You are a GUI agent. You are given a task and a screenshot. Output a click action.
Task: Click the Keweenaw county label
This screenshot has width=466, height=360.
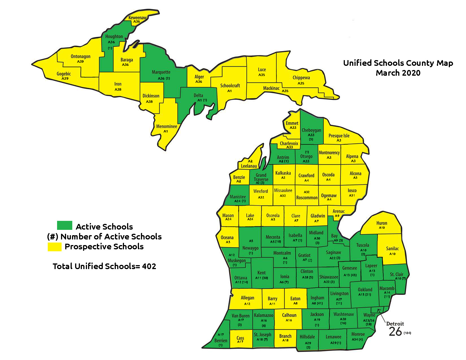tap(138, 18)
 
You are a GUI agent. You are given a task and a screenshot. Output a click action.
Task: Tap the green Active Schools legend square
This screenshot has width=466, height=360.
tap(64, 225)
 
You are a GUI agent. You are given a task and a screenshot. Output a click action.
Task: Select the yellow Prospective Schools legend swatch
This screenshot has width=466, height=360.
tap(54, 246)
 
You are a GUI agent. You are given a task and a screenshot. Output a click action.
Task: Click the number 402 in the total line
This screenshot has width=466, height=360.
tap(149, 266)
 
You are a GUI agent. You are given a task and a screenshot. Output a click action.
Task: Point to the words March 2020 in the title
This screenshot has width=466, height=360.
tap(398, 73)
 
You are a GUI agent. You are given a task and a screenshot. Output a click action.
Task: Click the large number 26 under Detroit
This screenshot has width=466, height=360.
tap(395, 332)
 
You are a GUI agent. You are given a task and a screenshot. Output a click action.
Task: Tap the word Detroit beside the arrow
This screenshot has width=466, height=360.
tap(395, 324)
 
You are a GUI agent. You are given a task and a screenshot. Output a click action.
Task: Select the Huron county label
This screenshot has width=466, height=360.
tap(382, 223)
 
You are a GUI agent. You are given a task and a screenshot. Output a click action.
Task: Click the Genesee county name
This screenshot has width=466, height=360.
tap(349, 268)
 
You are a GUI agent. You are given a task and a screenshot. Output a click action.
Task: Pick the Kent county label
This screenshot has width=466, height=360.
tap(261, 272)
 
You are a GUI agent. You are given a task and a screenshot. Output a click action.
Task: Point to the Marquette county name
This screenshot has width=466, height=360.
tap(161, 72)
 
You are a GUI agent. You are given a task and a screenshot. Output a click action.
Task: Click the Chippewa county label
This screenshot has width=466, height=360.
tap(301, 78)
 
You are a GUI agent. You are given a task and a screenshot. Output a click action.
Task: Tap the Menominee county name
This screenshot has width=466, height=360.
tap(166, 126)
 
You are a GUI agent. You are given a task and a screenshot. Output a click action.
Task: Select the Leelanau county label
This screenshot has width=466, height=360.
tap(249, 166)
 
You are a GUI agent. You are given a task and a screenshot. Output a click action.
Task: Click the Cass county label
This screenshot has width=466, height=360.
tap(240, 338)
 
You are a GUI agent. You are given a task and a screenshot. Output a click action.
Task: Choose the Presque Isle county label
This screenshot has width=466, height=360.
tap(339, 136)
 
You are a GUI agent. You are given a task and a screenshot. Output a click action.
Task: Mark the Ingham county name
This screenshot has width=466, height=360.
tap(317, 298)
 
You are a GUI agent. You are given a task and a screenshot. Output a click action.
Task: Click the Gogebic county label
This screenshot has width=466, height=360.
tap(64, 74)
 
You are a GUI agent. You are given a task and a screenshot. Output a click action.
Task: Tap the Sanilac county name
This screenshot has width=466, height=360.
tap(392, 248)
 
